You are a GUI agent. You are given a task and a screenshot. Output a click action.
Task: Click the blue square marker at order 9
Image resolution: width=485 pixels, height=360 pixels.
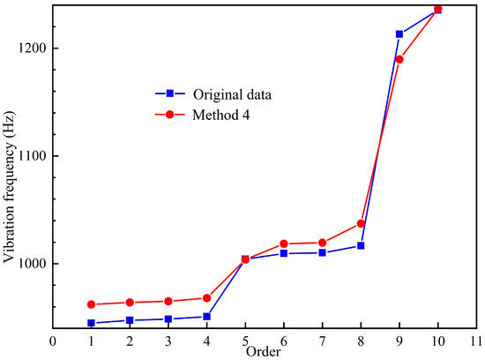[x=399, y=34]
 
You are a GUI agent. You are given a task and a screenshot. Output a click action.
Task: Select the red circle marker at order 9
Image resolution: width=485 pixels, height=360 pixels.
[x=399, y=59]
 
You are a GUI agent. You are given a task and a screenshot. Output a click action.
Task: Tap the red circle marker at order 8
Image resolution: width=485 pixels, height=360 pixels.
[x=361, y=223]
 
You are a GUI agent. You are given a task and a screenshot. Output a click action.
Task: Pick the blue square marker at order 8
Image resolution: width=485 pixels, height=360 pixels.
[x=361, y=245]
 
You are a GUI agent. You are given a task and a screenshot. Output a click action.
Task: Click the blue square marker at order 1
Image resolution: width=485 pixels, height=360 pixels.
[x=91, y=323]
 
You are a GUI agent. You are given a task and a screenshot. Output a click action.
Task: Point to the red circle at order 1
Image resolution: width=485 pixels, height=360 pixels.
[x=91, y=304]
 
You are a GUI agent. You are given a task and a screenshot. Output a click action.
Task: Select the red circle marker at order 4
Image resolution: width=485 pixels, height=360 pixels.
[x=206, y=298]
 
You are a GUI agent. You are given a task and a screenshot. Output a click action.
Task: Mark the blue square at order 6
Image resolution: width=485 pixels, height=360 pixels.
[x=284, y=253]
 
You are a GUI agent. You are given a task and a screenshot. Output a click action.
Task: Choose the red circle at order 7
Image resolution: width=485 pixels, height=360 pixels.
[x=322, y=243]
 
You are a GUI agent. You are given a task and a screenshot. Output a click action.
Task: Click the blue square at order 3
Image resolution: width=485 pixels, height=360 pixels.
[x=168, y=319]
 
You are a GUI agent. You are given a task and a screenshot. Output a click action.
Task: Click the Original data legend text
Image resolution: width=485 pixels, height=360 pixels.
[x=234, y=94]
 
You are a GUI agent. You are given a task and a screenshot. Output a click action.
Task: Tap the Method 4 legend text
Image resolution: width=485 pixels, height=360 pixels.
[x=224, y=116]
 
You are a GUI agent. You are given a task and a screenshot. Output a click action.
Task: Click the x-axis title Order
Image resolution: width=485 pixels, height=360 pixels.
[x=264, y=352]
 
